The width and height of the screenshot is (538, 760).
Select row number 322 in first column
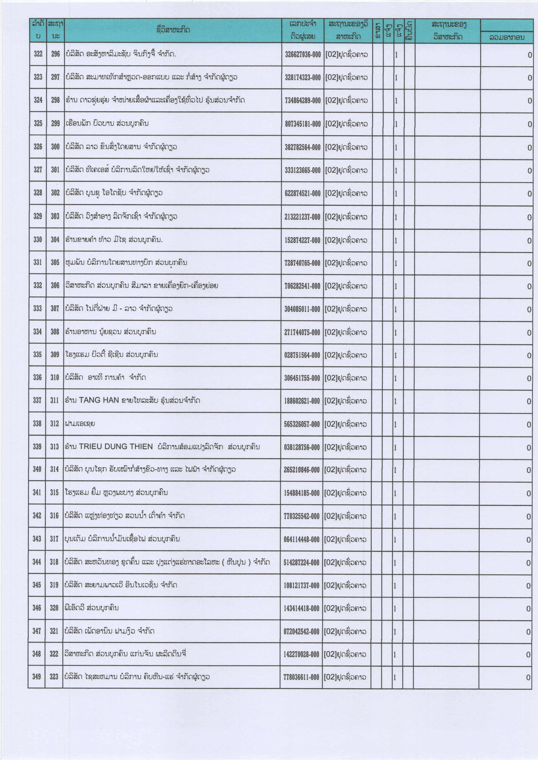[38, 54]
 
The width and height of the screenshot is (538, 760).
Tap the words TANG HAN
[99, 400]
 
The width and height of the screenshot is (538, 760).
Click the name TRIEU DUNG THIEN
[116, 447]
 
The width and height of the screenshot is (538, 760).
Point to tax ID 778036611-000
[301, 677]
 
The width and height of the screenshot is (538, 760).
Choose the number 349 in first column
[36, 677]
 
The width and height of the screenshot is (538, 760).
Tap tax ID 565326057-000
[302, 424]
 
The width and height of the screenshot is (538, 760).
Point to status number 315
[54, 493]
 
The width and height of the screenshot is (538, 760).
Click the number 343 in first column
[37, 539]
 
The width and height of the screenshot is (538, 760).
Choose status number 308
[55, 331]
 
